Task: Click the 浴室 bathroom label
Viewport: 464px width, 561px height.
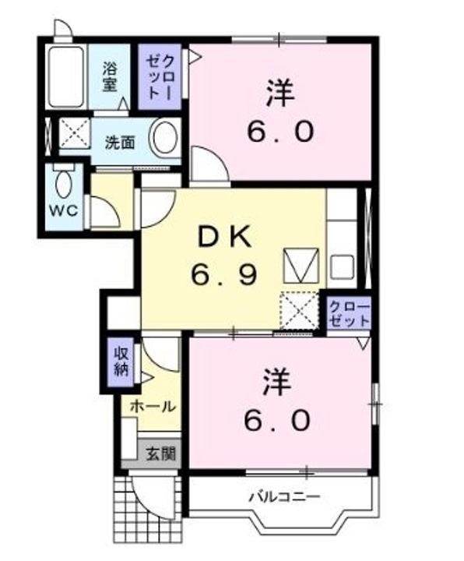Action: (x=110, y=76)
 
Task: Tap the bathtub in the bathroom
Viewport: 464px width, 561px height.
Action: (x=66, y=76)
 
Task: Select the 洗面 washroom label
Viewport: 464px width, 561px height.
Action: (x=120, y=143)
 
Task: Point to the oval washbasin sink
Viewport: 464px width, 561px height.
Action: (x=165, y=138)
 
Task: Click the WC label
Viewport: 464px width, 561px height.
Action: (x=64, y=210)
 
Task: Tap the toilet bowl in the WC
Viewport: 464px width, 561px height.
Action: (x=64, y=182)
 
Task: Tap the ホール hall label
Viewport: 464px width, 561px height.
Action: (x=153, y=407)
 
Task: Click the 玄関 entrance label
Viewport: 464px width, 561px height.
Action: (x=161, y=454)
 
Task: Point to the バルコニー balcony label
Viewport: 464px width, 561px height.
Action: (x=284, y=496)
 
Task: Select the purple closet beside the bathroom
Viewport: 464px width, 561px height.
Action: (x=160, y=76)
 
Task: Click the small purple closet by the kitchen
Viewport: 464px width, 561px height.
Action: (x=349, y=314)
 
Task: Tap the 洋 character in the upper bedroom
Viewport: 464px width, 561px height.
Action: (x=280, y=93)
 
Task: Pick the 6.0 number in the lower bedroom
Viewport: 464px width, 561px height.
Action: (x=277, y=420)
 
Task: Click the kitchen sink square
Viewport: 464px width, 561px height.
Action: (x=342, y=267)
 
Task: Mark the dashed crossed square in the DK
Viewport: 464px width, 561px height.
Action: (x=299, y=310)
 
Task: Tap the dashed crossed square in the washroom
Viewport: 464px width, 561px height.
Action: (x=75, y=132)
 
